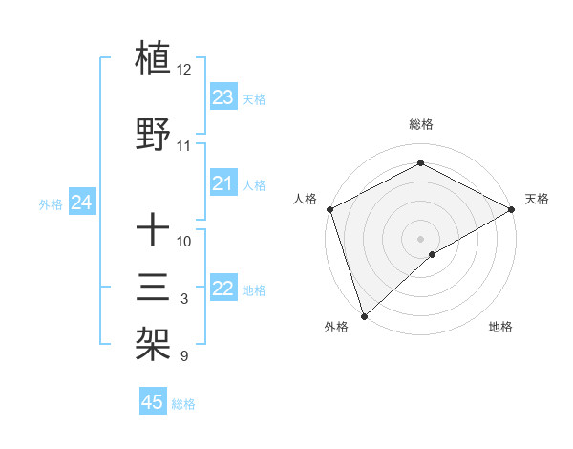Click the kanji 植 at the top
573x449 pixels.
tap(154, 59)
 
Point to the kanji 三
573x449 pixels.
tap(154, 287)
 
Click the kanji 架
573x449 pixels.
tap(154, 342)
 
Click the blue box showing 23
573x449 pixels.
tap(223, 97)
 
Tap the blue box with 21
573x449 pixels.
tap(223, 183)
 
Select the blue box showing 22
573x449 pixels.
tap(223, 289)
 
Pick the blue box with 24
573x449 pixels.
tap(82, 203)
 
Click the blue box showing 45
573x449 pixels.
tap(153, 402)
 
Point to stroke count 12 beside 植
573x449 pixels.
tap(184, 70)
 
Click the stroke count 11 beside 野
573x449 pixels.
tap(184, 146)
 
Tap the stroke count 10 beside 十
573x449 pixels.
tap(184, 241)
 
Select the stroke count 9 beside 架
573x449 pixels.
tap(184, 356)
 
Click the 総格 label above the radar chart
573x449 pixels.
tap(421, 124)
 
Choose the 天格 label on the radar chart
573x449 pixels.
tap(537, 199)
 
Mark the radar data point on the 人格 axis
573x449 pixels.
tap(329, 209)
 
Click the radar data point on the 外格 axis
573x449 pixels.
tap(364, 316)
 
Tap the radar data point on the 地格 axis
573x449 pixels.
tap(433, 254)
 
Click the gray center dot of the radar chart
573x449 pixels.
tap(421, 239)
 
